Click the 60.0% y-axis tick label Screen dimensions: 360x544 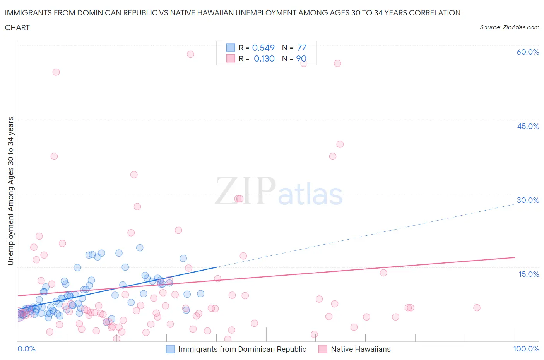(x=528, y=52)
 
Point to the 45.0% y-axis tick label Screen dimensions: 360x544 (x=528, y=126)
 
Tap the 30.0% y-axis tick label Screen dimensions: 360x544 (x=528, y=200)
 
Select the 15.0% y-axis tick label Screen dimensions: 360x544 (x=528, y=274)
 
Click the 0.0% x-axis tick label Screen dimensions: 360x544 (x=26, y=349)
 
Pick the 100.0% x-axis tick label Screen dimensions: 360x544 (x=526, y=349)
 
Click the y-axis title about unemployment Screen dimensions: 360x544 (x=10, y=191)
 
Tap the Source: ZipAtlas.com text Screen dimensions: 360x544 (x=509, y=27)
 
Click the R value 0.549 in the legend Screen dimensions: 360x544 (x=263, y=48)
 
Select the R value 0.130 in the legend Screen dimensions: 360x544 (x=264, y=58)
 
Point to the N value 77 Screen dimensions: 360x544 (x=302, y=48)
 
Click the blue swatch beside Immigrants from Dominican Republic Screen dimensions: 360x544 (x=170, y=349)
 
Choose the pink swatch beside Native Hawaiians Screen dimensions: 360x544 (x=323, y=349)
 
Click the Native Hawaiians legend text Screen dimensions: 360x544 (x=361, y=349)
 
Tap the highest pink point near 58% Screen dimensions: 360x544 (x=190, y=54)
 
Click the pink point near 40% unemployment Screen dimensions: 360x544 (x=340, y=144)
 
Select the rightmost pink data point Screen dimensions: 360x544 (x=477, y=308)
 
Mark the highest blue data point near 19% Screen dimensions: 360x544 (x=140, y=248)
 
